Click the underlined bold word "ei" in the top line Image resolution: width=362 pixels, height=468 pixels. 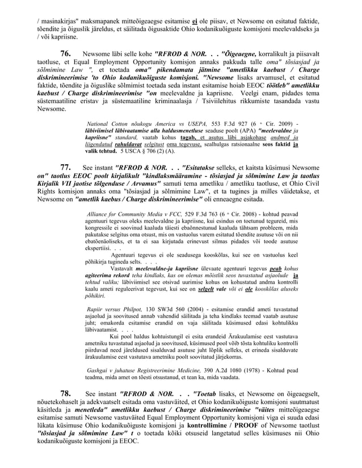(x=225, y=6)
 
